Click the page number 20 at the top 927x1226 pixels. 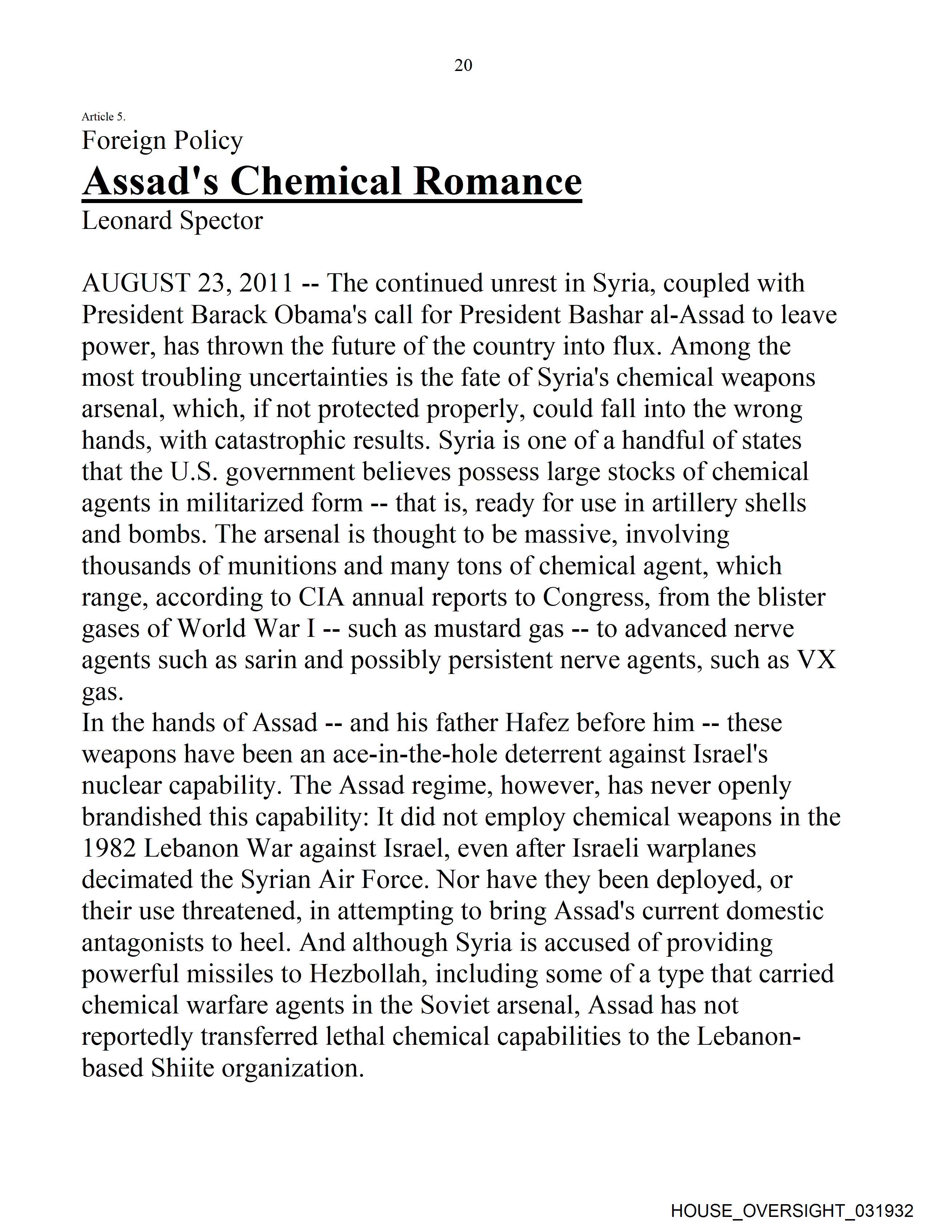click(463, 66)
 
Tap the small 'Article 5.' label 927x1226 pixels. click(104, 116)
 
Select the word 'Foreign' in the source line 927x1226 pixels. click(116, 141)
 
